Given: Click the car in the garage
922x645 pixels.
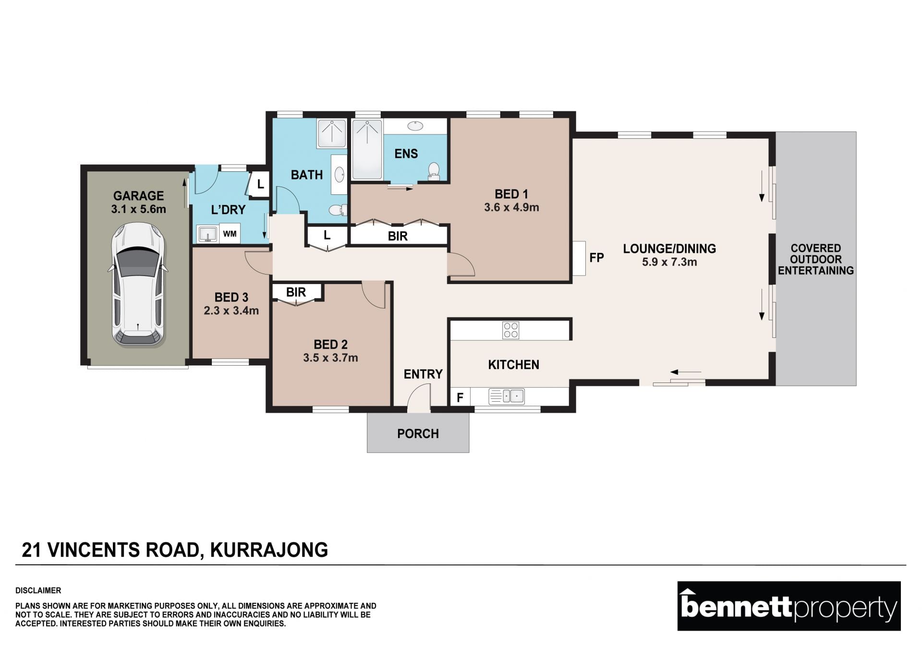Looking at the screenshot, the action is click(138, 285).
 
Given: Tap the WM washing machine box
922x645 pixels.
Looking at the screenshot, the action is click(230, 234).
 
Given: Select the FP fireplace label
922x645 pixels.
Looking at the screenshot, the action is click(596, 258).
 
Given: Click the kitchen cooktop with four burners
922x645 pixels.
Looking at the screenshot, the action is click(510, 330).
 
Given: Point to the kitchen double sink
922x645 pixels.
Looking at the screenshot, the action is click(507, 396).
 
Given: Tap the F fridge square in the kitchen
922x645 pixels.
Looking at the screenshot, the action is click(460, 397).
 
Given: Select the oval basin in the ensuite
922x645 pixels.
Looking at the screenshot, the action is click(415, 126).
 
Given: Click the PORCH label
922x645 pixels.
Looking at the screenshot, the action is click(418, 434).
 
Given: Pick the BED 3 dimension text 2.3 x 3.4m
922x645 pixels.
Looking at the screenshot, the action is click(231, 311).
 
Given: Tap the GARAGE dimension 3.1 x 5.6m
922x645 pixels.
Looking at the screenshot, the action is click(138, 209).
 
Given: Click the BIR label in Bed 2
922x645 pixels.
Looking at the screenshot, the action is click(296, 292).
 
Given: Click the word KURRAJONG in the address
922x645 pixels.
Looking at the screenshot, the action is click(269, 550).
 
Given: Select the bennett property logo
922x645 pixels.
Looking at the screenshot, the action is click(789, 606).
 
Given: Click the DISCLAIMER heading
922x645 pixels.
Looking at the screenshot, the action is click(38, 591).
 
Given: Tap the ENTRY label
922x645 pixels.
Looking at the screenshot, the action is click(423, 374).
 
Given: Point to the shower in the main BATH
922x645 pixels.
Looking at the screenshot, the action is click(331, 133).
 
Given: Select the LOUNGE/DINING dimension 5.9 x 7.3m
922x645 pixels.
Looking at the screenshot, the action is click(669, 262).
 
